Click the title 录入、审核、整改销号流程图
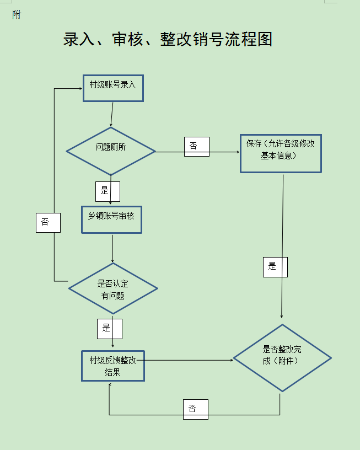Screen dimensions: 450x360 pos(168,39)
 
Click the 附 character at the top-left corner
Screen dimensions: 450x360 pos(17,15)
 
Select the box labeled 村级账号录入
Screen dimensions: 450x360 pos(113,88)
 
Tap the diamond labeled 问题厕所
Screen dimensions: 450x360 pos(111,151)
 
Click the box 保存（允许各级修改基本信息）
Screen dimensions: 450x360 pos(281,153)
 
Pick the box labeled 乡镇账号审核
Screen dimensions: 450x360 pos(111,220)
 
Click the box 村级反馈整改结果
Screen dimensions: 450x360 pos(113,366)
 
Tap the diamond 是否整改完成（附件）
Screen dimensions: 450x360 pos(282,358)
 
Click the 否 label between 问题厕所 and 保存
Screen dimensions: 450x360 pos(196,146)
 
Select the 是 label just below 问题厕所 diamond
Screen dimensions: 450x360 pos(107,191)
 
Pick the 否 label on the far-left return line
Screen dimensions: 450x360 pos(48,222)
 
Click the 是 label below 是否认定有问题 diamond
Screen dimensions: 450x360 pos(109,328)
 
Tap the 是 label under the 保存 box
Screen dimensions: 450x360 pos(275,267)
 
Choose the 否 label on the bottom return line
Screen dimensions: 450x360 pos(196,409)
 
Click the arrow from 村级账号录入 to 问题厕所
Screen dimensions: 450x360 pos(112,114)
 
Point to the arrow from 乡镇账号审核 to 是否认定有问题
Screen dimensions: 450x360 pos(112,248)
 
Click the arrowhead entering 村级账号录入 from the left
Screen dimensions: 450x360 pos(79,88)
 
